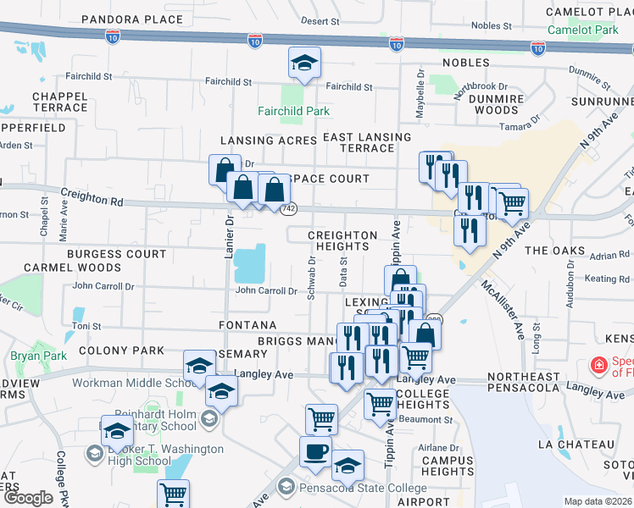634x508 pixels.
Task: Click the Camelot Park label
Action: pyautogui.click(x=583, y=30)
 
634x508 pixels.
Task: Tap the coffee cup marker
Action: pyautogui.click(x=315, y=452)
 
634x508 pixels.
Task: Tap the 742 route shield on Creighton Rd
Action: pyautogui.click(x=289, y=208)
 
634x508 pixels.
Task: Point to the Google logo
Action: pyautogui.click(x=27, y=498)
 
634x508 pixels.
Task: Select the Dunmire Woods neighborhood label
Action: pyautogui.click(x=497, y=104)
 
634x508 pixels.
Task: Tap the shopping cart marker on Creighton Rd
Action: pyautogui.click(x=511, y=203)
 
